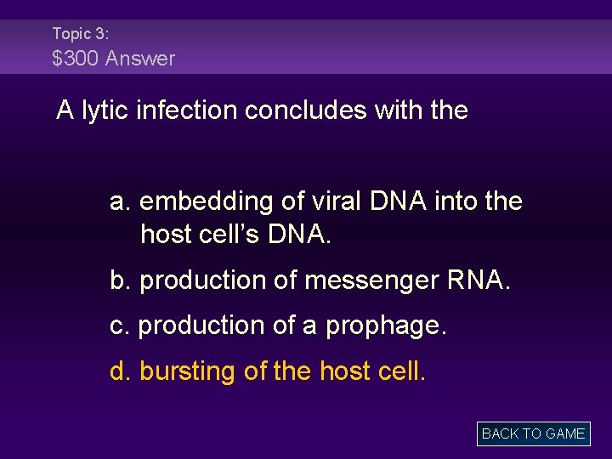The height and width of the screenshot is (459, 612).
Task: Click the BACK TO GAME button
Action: coord(533,433)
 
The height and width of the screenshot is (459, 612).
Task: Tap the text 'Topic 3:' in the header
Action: coord(80,33)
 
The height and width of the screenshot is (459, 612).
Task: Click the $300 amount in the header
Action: coord(75,59)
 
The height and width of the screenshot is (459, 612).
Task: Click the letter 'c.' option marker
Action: coord(120,326)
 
